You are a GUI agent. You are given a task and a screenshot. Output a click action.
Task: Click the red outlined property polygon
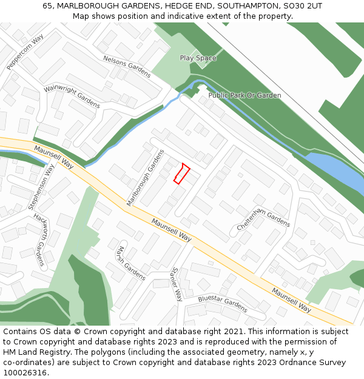click(181, 173)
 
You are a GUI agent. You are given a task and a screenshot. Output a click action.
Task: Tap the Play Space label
click(198, 58)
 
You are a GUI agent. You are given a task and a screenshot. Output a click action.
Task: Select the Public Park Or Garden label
click(244, 95)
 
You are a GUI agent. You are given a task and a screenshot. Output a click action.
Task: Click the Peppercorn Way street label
click(25, 52)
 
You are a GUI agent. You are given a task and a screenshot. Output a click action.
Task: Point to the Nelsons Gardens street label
click(127, 66)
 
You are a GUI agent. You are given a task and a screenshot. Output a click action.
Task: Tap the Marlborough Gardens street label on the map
click(145, 178)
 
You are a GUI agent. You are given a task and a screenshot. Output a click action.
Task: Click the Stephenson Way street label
click(41, 187)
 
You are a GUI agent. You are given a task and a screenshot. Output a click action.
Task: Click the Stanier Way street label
click(177, 284)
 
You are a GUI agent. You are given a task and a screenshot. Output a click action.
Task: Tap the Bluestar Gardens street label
click(223, 300)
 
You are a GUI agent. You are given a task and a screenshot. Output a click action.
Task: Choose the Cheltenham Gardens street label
click(263, 217)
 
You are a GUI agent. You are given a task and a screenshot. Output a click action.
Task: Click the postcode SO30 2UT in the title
click(303, 5)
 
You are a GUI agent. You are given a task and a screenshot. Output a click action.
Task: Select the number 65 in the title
click(47, 5)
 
